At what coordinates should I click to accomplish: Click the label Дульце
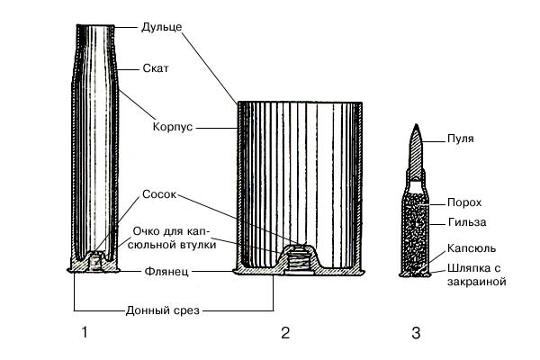(162, 27)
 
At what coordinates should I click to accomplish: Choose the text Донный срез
(162, 310)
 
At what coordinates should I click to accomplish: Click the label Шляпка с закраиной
(475, 273)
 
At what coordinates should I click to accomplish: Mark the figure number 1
(85, 335)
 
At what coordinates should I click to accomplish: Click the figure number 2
(285, 335)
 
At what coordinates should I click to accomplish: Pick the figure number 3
(416, 335)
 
